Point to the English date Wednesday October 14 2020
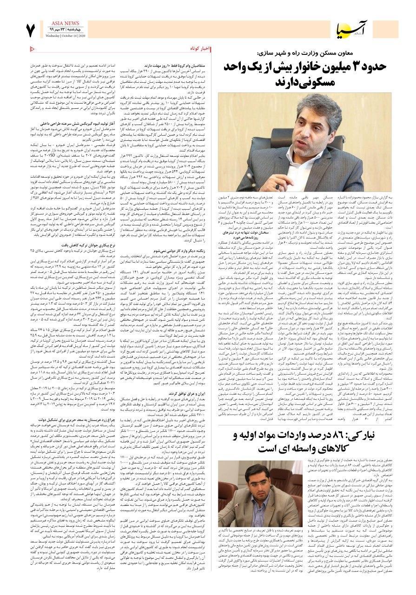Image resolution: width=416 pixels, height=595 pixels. point(66,35)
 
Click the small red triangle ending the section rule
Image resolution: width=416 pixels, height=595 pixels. point(32,48)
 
